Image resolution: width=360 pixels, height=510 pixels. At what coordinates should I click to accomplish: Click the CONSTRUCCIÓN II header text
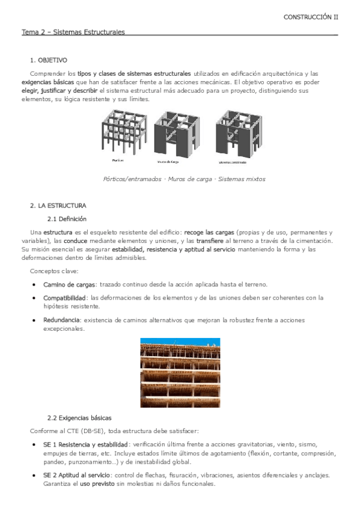(310, 17)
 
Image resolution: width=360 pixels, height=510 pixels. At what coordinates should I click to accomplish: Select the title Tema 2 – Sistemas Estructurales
(73, 32)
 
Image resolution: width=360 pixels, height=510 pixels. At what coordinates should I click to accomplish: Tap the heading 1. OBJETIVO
(49, 61)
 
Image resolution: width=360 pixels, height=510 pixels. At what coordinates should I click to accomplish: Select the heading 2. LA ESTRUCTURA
(58, 205)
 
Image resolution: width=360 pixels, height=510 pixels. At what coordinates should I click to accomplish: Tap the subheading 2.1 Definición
(67, 219)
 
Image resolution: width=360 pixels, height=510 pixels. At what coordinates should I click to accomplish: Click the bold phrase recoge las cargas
(210, 232)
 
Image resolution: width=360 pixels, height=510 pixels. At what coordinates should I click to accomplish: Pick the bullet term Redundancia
(61, 320)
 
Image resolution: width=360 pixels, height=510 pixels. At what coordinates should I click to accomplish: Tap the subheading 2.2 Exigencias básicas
(79, 417)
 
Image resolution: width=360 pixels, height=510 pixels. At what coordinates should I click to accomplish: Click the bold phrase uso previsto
(96, 484)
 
